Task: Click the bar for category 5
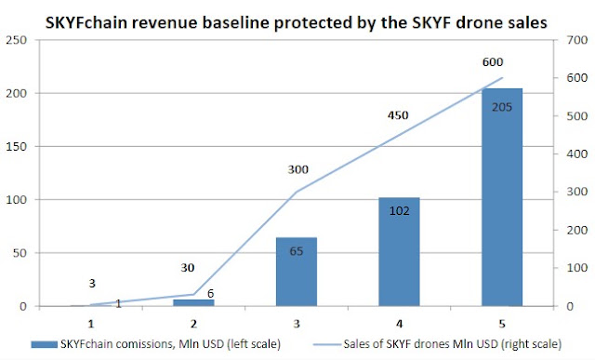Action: coord(502,197)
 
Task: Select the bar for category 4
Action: coord(399,252)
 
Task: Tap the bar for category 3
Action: coord(297,272)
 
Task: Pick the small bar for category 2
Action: coord(193,302)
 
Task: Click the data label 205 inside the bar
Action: coord(502,108)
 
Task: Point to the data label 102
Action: coord(399,211)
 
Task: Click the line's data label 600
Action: coord(493,62)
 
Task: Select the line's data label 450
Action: coord(398,115)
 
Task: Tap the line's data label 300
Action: coord(297,169)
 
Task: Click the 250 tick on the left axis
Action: coord(17,40)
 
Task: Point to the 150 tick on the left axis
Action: coord(17,147)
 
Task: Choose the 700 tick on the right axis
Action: coord(576,40)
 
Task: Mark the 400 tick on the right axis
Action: coord(576,154)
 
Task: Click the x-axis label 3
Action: coord(297,324)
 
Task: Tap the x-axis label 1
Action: coord(91,324)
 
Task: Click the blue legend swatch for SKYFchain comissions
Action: coord(44,344)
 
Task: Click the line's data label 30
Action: coord(188,268)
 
